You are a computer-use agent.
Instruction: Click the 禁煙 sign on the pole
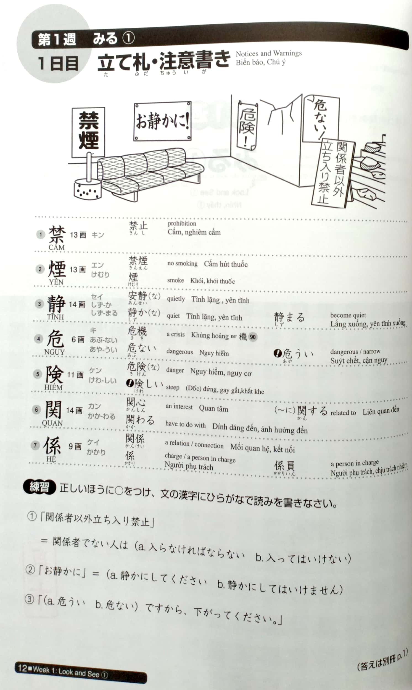click(x=88, y=132)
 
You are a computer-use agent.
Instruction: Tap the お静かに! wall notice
click(x=163, y=121)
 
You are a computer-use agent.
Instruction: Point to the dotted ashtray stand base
click(x=87, y=189)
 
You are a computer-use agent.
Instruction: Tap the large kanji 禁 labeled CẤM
click(x=57, y=235)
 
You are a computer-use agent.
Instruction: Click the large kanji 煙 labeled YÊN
click(x=57, y=269)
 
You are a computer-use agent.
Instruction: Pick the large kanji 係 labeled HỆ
click(x=52, y=445)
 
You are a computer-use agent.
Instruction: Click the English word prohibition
click(x=182, y=223)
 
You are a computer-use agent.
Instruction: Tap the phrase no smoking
click(x=183, y=263)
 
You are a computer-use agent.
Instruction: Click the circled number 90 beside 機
click(x=252, y=337)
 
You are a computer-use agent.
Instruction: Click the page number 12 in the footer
click(x=22, y=668)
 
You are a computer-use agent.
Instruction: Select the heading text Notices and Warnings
click(x=268, y=53)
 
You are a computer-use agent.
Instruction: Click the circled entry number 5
click(x=38, y=374)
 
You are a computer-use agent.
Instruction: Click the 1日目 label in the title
click(x=58, y=63)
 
